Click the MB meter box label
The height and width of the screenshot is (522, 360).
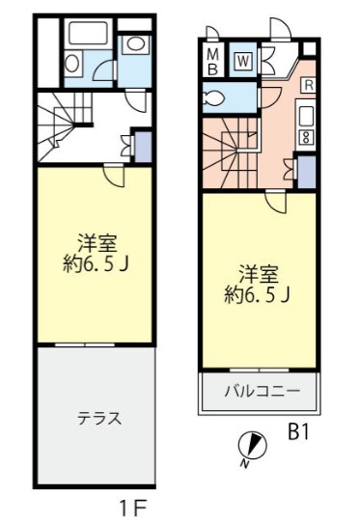pyautogui.click(x=213, y=61)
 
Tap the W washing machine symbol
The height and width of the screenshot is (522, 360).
pyautogui.click(x=244, y=61)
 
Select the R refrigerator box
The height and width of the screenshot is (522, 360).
pyautogui.click(x=309, y=85)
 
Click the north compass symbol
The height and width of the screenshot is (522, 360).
pyautogui.click(x=253, y=447)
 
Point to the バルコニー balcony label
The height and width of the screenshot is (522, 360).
pyautogui.click(x=263, y=390)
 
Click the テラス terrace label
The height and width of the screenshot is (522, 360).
pyautogui.click(x=99, y=418)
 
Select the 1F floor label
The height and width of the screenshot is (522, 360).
pyautogui.click(x=133, y=508)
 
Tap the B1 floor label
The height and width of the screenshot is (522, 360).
pyautogui.click(x=298, y=433)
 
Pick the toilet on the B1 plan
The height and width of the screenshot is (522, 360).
pyautogui.click(x=214, y=98)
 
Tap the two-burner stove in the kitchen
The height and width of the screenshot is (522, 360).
pyautogui.click(x=306, y=137)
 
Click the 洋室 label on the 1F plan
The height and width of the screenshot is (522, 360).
pyautogui.click(x=97, y=244)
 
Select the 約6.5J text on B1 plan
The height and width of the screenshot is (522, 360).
pyautogui.click(x=257, y=294)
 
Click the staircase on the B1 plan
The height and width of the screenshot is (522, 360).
pyautogui.click(x=230, y=152)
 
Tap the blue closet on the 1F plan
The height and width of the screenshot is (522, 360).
pyautogui.click(x=143, y=147)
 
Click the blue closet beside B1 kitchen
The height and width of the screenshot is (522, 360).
pyautogui.click(x=306, y=172)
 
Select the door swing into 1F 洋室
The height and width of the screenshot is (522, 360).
pyautogui.click(x=113, y=175)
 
